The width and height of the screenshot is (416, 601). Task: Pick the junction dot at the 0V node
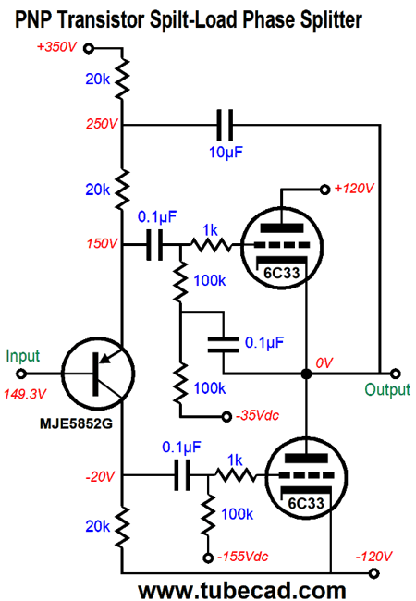pyautogui.click(x=305, y=374)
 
